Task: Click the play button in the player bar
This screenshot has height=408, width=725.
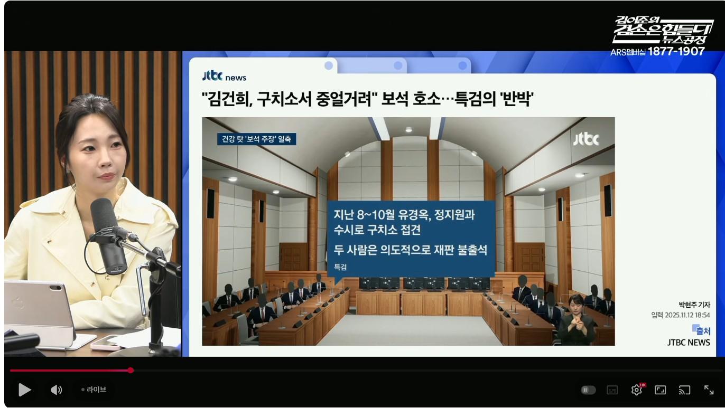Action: click(x=24, y=390)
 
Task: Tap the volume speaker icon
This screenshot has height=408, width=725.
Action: click(x=56, y=390)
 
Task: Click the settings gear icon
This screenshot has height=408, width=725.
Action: click(x=637, y=390)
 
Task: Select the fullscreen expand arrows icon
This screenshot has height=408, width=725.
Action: click(x=709, y=390)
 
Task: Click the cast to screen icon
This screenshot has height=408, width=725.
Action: click(x=684, y=390)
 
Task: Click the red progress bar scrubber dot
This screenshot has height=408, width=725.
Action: click(x=131, y=370)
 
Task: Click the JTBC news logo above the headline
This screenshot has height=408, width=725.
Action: click(x=224, y=76)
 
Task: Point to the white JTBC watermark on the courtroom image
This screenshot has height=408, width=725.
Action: click(x=586, y=139)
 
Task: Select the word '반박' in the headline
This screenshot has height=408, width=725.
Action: click(x=517, y=98)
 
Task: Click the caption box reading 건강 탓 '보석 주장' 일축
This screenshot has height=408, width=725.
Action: click(x=257, y=139)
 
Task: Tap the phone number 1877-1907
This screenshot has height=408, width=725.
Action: click(x=676, y=51)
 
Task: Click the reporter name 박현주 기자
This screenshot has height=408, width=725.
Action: click(x=694, y=305)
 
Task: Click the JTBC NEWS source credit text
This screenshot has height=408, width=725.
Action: click(x=689, y=343)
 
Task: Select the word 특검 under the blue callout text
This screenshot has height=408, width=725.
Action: click(x=340, y=267)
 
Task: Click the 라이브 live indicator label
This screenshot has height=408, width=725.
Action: click(x=96, y=390)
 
